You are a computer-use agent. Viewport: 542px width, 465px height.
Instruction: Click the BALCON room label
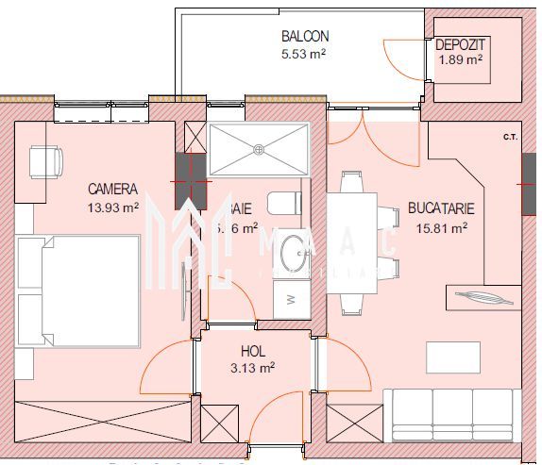coord(304,37)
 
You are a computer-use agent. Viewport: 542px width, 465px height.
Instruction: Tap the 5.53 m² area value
coord(303,55)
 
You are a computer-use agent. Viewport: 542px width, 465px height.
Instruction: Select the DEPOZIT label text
coord(460,44)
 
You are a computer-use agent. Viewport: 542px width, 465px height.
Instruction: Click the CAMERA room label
coord(112,189)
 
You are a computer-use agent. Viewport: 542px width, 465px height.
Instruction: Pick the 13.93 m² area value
coord(112,207)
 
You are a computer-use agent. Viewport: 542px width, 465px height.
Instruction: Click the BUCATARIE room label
coord(441,208)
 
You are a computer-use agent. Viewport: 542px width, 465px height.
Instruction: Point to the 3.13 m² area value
coord(252,367)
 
